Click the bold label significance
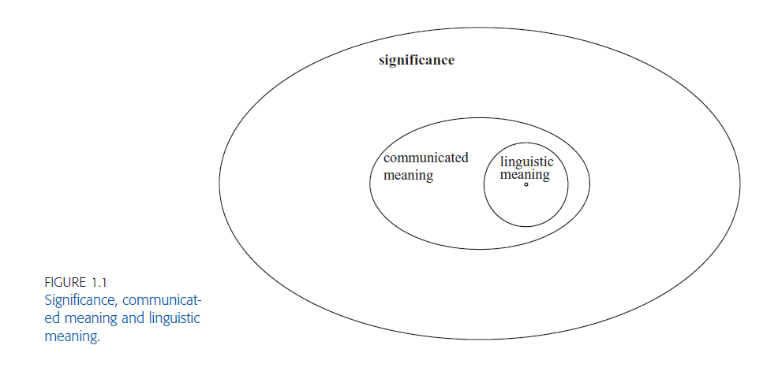coord(417,61)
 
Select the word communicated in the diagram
coord(425,158)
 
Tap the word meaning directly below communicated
coord(408,175)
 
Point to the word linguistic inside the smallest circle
coord(527,162)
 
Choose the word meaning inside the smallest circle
coord(525,174)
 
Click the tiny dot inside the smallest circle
coord(526,185)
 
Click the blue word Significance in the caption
coord(80,300)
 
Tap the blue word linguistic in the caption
coord(172,317)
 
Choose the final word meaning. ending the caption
coord(73,336)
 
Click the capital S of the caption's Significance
coord(48,300)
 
